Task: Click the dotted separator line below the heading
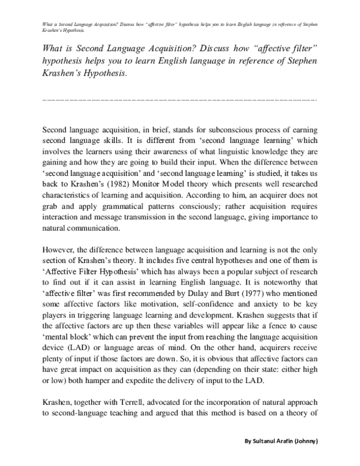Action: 180,99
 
